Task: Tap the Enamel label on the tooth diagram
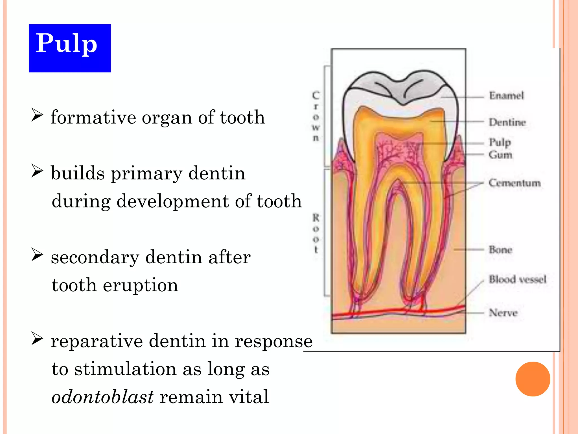[x=506, y=96]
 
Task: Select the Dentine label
[x=507, y=122]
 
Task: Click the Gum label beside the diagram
[x=500, y=155]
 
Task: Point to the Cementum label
[x=514, y=183]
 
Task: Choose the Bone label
[x=500, y=250]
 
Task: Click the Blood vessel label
[x=518, y=279]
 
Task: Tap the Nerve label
[x=503, y=313]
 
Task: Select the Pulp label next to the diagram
[x=500, y=142]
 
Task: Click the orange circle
[x=533, y=379]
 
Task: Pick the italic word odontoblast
[x=102, y=397]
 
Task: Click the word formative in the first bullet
[x=93, y=117]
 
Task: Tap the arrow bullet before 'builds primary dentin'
[x=37, y=171]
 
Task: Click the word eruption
[x=141, y=285]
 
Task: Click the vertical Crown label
[x=316, y=116]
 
